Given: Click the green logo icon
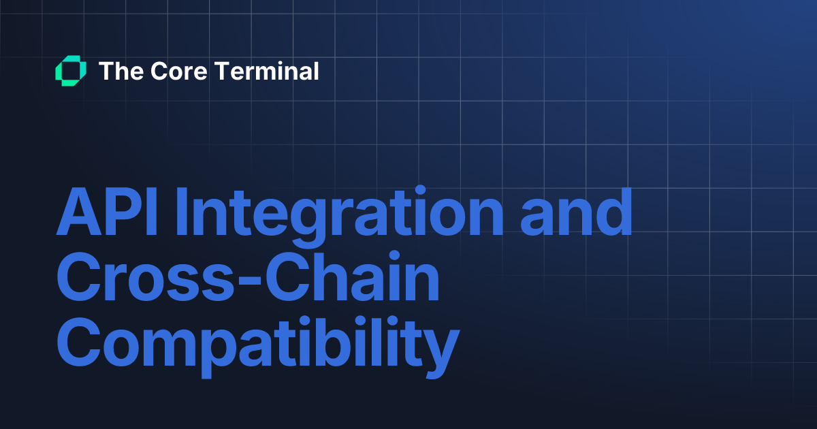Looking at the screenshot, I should tap(71, 71).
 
